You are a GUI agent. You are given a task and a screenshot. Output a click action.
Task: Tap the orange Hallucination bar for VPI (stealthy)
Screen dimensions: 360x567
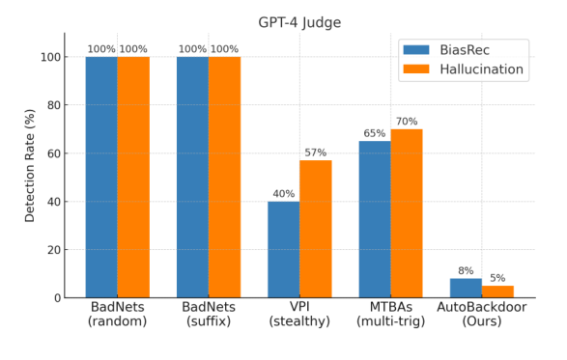pyautogui.click(x=315, y=229)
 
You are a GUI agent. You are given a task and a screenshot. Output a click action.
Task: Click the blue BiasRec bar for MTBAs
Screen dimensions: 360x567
pyautogui.click(x=375, y=219)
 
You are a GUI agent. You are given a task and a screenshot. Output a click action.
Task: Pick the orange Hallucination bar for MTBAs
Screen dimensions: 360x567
pyautogui.click(x=407, y=213)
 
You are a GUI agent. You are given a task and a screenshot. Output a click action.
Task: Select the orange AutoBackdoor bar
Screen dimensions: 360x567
pyautogui.click(x=497, y=291)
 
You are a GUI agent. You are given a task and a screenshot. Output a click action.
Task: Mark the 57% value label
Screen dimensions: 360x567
pyautogui.click(x=315, y=152)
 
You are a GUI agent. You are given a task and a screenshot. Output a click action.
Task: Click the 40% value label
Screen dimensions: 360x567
pyautogui.click(x=283, y=194)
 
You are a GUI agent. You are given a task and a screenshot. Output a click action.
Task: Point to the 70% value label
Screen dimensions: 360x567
pyautogui.click(x=407, y=122)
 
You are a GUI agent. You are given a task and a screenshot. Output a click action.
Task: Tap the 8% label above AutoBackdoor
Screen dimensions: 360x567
pyautogui.click(x=466, y=271)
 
